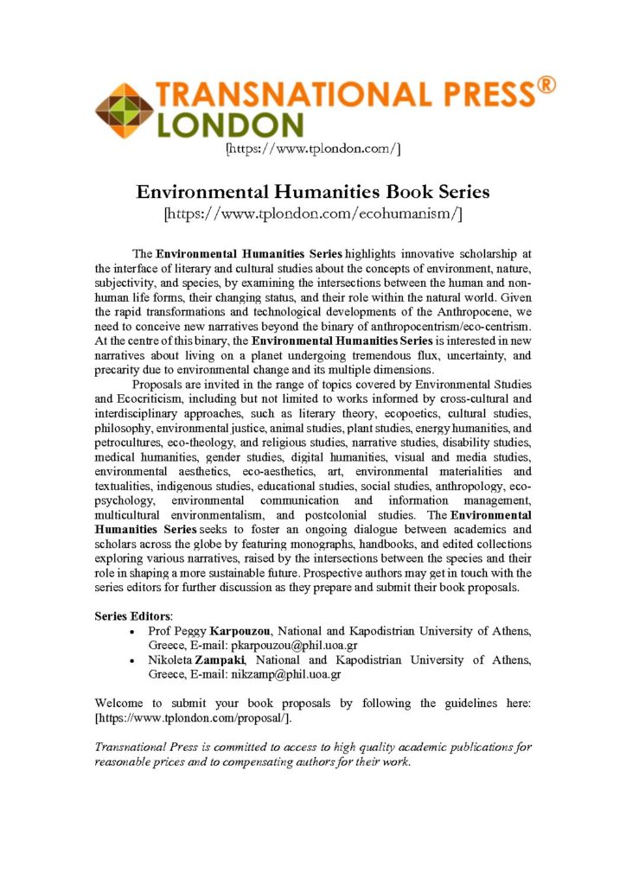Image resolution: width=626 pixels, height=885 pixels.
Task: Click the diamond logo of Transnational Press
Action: coord(125,111)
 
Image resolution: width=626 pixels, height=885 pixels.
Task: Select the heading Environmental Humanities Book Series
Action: coord(312,190)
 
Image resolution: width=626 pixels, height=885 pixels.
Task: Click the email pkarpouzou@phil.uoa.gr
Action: coord(284,646)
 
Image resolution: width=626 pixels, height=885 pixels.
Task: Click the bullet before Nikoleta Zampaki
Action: coord(131,661)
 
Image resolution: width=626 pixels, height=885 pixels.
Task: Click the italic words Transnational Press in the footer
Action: coord(149,747)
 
